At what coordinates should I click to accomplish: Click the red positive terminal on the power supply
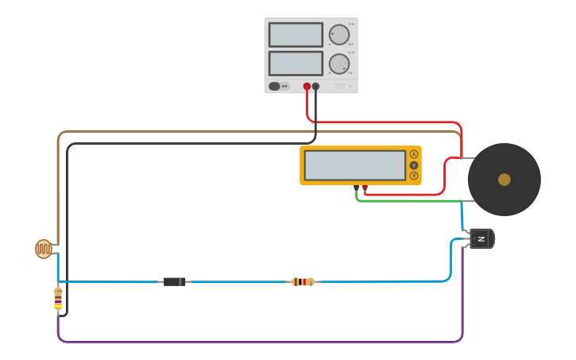click(x=307, y=86)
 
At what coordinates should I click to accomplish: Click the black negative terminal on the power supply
click(x=315, y=86)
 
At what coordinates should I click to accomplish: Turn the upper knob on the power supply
click(x=338, y=34)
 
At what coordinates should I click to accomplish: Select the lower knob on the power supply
click(x=338, y=64)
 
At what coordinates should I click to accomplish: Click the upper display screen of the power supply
click(x=296, y=35)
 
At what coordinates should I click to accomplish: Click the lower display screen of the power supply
click(x=296, y=64)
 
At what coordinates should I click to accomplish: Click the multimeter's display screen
click(x=354, y=165)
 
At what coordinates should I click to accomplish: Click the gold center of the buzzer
click(x=504, y=180)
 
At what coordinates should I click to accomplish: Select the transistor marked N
click(x=481, y=238)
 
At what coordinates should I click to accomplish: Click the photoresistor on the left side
click(x=44, y=249)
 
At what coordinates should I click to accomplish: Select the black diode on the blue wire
click(x=175, y=281)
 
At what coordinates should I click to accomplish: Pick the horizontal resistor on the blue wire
click(x=303, y=281)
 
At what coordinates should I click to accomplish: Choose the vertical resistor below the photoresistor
click(x=58, y=298)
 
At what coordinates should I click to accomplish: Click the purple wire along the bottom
click(x=262, y=342)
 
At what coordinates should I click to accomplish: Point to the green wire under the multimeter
click(x=413, y=201)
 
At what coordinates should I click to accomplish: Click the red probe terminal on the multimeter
click(x=365, y=188)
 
